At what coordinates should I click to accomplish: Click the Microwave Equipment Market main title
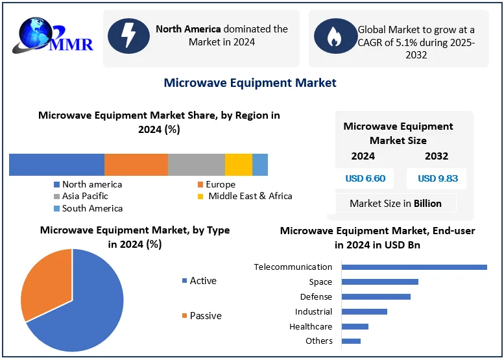(250, 82)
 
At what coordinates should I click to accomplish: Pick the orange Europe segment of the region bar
(136, 165)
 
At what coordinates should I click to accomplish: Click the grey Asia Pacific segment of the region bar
(196, 165)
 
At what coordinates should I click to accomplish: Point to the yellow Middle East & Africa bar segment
(238, 165)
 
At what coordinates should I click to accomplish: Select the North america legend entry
(91, 184)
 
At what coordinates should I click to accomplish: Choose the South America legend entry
(91, 208)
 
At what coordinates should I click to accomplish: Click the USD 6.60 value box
(365, 178)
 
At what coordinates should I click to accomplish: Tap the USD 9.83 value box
(437, 178)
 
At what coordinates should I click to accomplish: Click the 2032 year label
(437, 156)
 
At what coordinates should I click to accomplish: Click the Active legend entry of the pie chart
(202, 281)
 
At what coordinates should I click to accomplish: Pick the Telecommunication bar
(414, 267)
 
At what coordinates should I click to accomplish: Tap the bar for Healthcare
(355, 326)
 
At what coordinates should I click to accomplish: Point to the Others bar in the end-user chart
(351, 341)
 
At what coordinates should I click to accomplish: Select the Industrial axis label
(313, 311)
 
